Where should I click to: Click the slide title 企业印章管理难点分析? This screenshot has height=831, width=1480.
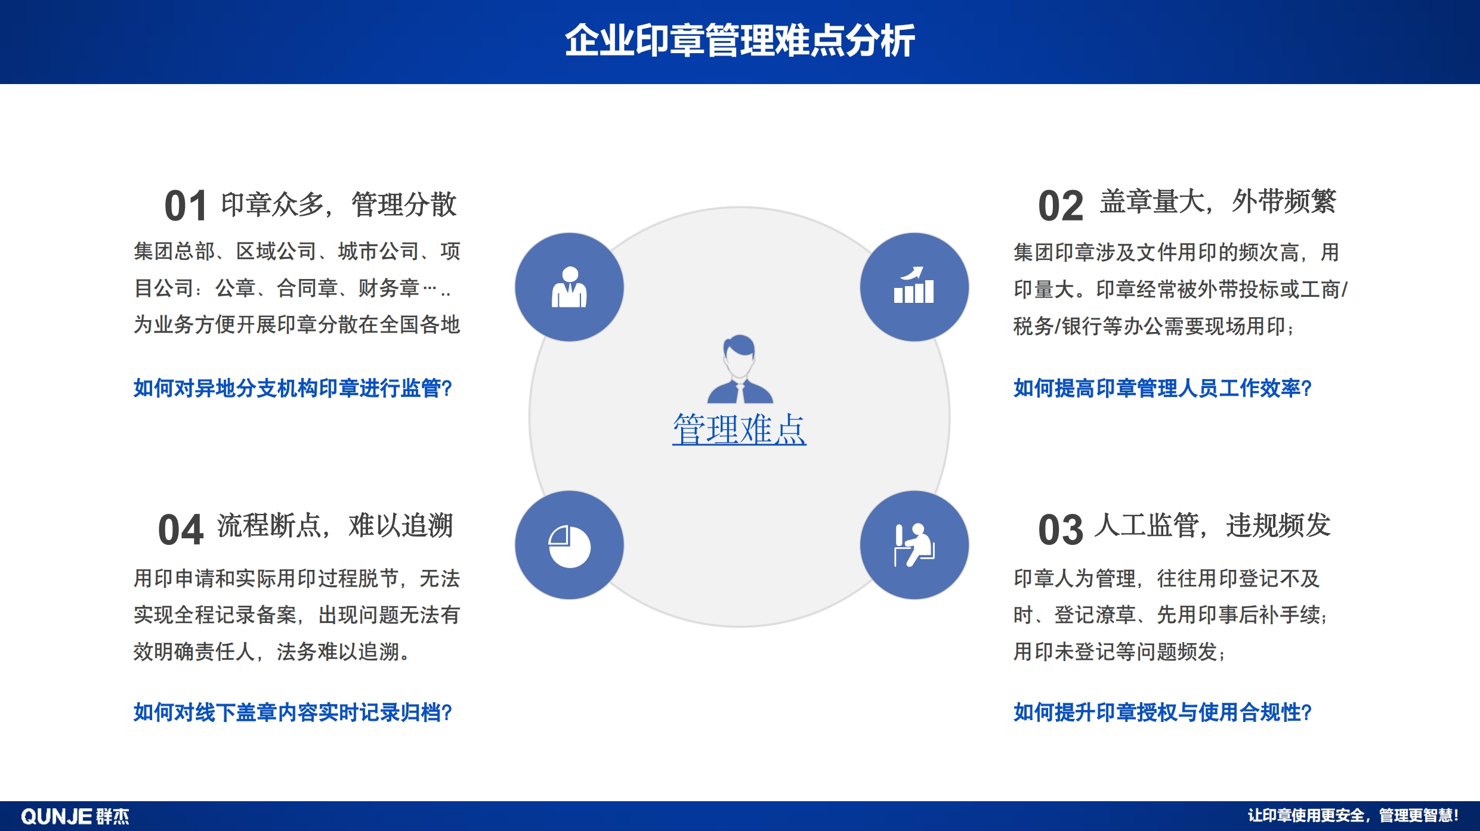click(740, 41)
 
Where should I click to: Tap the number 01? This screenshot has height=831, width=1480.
click(186, 206)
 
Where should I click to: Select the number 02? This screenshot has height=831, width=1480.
click(1060, 206)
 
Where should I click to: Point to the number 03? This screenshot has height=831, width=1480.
click(1060, 530)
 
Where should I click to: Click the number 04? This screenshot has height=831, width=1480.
click(181, 530)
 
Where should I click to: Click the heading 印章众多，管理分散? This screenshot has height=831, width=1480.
click(339, 204)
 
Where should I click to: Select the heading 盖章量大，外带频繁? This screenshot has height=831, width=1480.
click(1218, 201)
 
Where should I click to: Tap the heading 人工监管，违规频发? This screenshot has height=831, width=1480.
click(1213, 526)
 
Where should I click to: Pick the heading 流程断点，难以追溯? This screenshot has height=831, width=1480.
click(335, 526)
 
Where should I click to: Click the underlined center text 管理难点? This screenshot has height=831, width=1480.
click(739, 429)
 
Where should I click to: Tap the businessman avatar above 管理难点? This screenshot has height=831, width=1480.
click(740, 369)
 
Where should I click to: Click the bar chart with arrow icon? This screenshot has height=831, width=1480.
click(914, 286)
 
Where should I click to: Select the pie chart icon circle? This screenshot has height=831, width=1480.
click(569, 545)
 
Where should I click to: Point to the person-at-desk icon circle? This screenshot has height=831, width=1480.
click(914, 545)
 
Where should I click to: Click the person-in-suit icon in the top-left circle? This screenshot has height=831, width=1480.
click(569, 287)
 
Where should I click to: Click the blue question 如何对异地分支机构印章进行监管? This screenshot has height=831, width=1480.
click(293, 388)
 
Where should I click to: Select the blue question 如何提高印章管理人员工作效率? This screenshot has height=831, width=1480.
click(1163, 388)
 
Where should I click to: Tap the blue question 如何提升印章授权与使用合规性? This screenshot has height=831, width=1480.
click(1163, 712)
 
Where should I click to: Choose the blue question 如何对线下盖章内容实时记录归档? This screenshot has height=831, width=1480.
click(293, 712)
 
